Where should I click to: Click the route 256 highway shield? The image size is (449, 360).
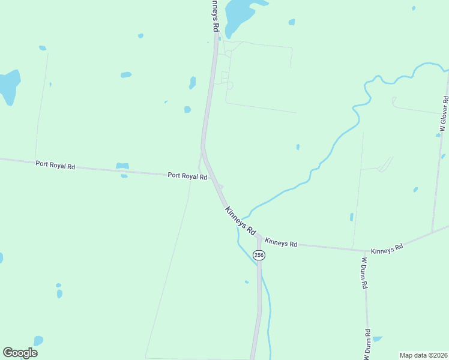pyautogui.click(x=259, y=255)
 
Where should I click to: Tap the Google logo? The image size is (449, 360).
pyautogui.click(x=20, y=353)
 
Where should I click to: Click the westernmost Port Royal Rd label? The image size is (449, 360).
pyautogui.click(x=55, y=164)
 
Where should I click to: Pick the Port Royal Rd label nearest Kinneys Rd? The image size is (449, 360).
pyautogui.click(x=187, y=176)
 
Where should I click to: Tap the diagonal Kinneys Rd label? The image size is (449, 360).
pyautogui.click(x=241, y=220)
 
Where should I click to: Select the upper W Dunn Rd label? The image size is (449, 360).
pyautogui.click(x=364, y=274)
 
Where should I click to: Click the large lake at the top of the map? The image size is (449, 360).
pyautogui.click(x=239, y=13)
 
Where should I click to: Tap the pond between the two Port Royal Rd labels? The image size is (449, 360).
pyautogui.click(x=122, y=166)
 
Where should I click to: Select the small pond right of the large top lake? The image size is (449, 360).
pyautogui.click(x=292, y=22)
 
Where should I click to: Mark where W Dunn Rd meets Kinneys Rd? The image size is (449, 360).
pyautogui.click(x=364, y=251)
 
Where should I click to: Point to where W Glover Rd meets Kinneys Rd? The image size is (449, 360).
pyautogui.click(x=432, y=232)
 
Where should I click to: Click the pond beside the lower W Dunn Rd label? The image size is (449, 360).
pyautogui.click(x=378, y=339)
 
